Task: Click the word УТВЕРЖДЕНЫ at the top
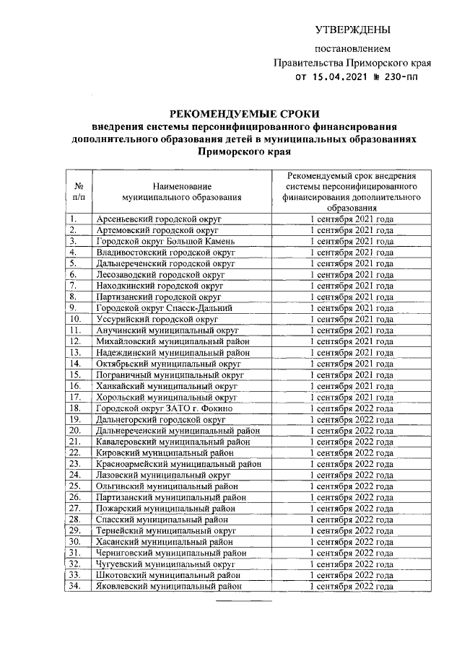point(352,30)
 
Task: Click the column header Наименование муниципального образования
point(181,190)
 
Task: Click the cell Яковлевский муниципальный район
point(167,587)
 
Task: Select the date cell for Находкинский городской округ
point(352,285)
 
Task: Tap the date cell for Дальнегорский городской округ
point(352,419)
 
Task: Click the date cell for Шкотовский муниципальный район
point(352,575)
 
